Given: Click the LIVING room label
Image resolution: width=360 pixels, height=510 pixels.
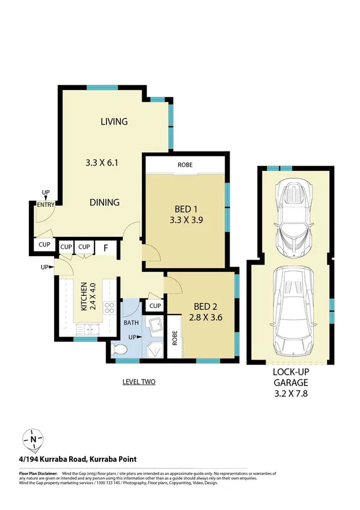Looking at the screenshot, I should (114, 121).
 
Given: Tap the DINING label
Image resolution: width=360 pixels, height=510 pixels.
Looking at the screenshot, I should (105, 202).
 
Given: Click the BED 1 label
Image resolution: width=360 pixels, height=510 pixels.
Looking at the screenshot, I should (184, 210).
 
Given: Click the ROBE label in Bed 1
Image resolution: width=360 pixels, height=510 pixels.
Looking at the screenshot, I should (185, 164).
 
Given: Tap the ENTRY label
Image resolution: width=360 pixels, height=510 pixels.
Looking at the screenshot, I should (45, 205).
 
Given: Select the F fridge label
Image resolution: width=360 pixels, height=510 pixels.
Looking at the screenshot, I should (105, 247).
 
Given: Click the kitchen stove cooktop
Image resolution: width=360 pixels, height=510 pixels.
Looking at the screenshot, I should (110, 309).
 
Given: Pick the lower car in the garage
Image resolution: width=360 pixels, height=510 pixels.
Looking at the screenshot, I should (294, 310).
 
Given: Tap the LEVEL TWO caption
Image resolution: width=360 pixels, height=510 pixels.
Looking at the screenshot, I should (139, 381).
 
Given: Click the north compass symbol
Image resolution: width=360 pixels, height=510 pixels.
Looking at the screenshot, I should (32, 440).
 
